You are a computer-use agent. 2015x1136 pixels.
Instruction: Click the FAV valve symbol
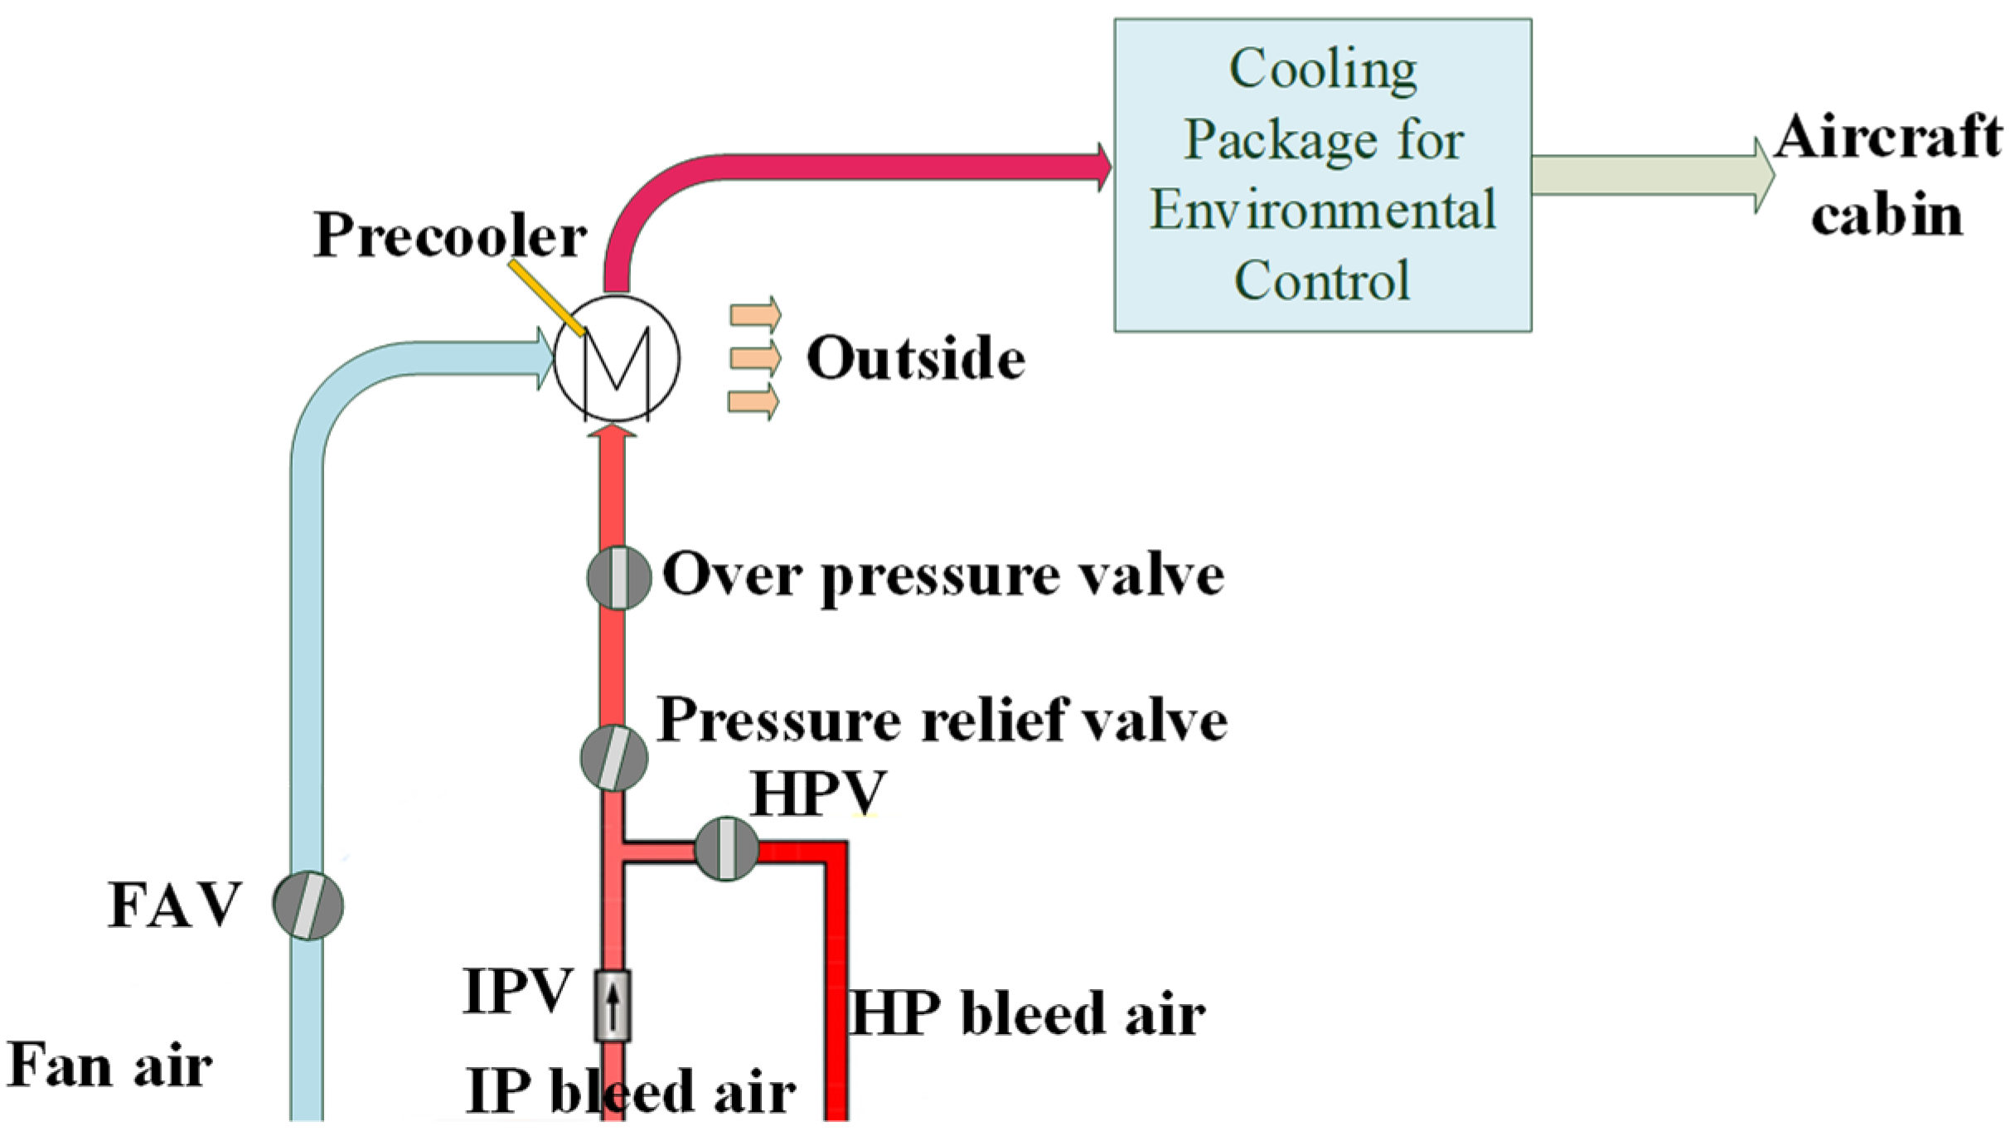[x=308, y=905]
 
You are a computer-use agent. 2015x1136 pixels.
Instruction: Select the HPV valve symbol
[x=726, y=848]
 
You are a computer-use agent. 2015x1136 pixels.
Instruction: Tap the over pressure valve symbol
[x=618, y=578]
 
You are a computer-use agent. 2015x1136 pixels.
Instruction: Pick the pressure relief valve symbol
[x=613, y=758]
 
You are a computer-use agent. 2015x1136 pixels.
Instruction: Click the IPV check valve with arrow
[x=613, y=1005]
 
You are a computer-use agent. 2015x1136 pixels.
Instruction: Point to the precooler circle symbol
[x=617, y=358]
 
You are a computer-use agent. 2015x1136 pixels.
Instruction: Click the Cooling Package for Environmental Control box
[x=1322, y=175]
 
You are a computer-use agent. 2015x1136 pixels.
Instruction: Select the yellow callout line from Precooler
[x=547, y=297]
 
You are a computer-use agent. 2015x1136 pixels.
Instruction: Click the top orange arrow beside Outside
[x=755, y=314]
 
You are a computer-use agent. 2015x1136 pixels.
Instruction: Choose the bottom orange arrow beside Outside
[x=753, y=402]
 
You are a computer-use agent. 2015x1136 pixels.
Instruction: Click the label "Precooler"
[x=449, y=235]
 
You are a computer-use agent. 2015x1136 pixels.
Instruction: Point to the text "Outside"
[x=916, y=358]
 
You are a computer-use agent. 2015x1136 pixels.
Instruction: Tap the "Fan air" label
[x=109, y=1065]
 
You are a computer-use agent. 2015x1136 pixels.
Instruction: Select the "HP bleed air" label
[x=1026, y=1013]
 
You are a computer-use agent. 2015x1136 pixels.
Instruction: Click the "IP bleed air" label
[x=630, y=1090]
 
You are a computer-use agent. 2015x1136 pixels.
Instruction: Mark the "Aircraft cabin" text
[x=1887, y=175]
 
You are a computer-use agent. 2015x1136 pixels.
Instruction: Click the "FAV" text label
[x=175, y=905]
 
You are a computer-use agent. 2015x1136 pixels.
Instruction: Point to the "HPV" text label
[x=818, y=794]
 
